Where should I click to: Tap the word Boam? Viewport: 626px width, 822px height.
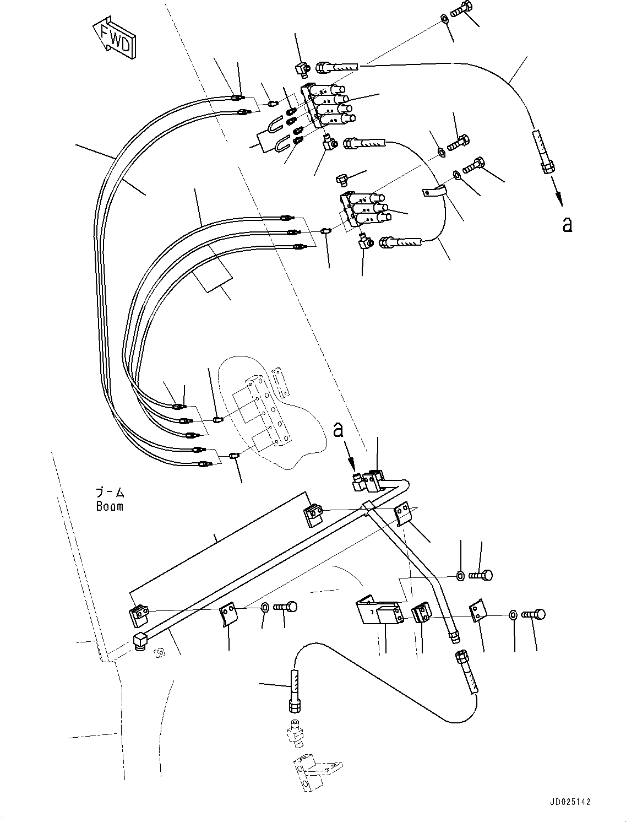[110, 506]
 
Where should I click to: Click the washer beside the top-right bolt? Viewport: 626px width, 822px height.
[444, 21]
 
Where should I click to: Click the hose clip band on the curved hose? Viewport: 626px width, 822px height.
[434, 191]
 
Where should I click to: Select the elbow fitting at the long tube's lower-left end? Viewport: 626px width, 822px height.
[140, 641]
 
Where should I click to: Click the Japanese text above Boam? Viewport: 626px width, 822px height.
[110, 492]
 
